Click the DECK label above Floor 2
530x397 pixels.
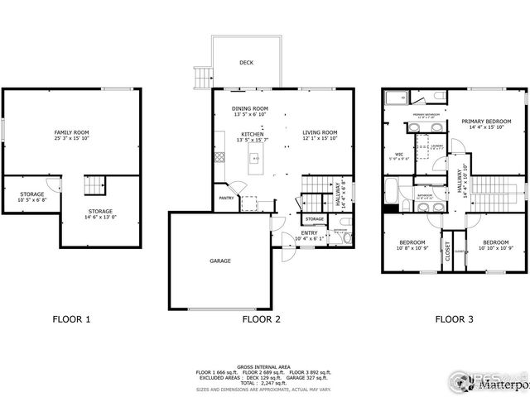[x=246, y=62]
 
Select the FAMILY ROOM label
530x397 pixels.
[x=72, y=132]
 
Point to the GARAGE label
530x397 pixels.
[x=219, y=261]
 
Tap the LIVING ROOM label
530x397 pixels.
[x=319, y=132]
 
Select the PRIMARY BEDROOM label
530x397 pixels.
[x=486, y=122]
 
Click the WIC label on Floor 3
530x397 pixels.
[x=398, y=154]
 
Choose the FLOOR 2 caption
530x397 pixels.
[x=261, y=318]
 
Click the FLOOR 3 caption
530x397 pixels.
[x=455, y=318]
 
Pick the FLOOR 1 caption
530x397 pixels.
[x=71, y=318]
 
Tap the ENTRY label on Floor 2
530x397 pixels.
[x=309, y=233]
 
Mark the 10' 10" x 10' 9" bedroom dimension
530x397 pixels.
[x=496, y=248]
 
